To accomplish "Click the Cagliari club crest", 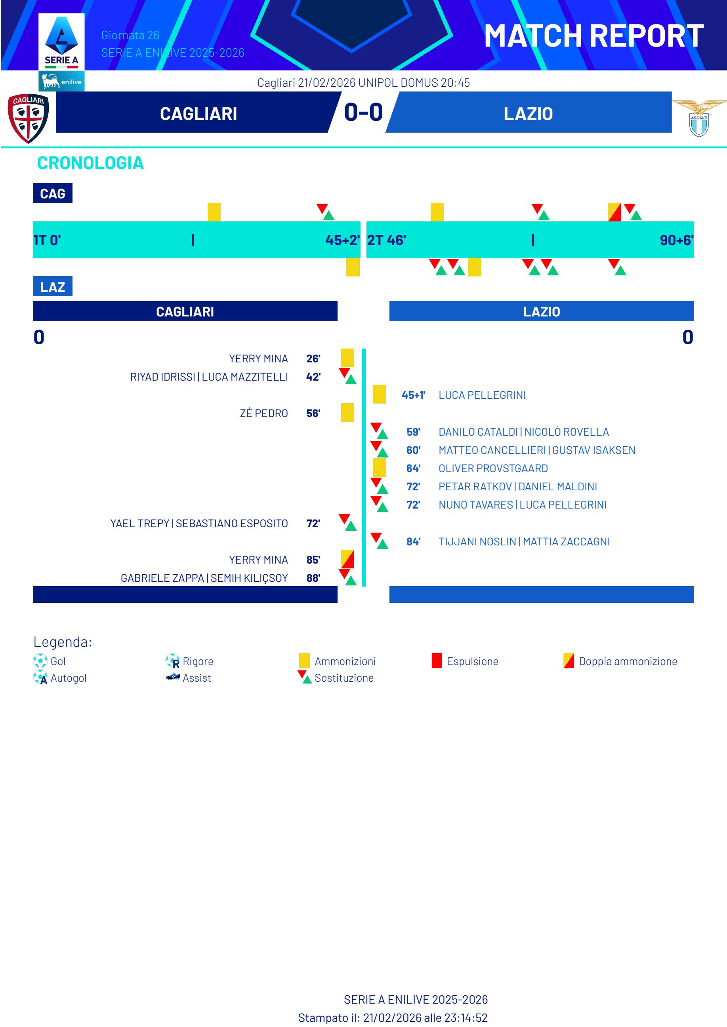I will point(28,118).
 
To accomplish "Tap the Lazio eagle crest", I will point(699,118).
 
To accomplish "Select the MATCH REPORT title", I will point(593,36).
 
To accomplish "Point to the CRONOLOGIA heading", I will point(90,163).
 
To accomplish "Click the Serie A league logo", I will point(61,42).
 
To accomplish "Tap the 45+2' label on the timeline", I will point(342,240).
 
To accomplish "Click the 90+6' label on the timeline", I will point(676,240).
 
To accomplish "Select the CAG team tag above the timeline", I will point(52,194).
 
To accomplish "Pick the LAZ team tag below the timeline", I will point(52,287).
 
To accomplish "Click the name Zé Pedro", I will point(264,413).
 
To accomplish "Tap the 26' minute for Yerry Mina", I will point(313,359).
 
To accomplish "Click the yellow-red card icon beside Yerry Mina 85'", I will point(347,559).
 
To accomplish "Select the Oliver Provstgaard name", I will point(493,469).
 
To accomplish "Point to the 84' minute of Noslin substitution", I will point(413,542).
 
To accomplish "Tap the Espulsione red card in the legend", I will point(437,661).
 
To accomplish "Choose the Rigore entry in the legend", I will point(197,661).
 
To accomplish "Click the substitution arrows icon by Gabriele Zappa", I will point(347,577).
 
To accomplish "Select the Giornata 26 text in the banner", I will point(130,35).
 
